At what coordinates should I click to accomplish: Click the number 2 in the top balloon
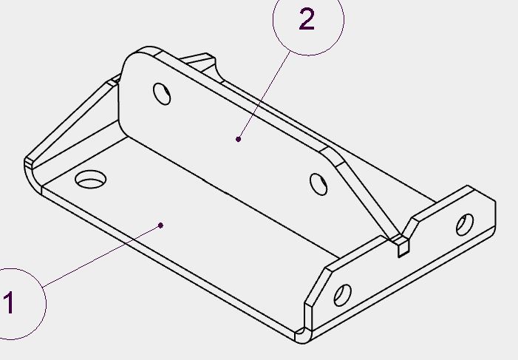point(307,20)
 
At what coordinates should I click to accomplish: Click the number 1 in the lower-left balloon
point(9,303)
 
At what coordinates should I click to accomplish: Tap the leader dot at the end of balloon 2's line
point(239,138)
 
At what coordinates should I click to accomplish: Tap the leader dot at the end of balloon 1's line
point(161,225)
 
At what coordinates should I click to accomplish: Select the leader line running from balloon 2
point(261,95)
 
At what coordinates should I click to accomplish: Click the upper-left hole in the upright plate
point(161,93)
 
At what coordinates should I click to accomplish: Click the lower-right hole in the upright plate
point(318,184)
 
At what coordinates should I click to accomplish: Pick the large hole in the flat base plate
point(92,179)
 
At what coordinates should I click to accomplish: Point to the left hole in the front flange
point(343,295)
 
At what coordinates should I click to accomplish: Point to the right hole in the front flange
point(465,224)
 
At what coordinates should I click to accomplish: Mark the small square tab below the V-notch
point(403,248)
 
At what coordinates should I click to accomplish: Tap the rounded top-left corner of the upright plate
point(133,58)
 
